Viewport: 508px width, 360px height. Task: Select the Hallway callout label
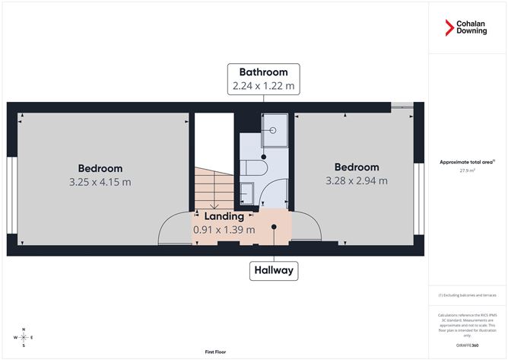point(274,269)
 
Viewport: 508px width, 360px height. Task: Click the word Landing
point(224,216)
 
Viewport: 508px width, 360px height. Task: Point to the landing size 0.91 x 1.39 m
point(224,229)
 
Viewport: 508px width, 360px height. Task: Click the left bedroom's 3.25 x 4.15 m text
point(100,182)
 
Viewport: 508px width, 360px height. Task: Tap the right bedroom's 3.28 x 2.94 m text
point(357,180)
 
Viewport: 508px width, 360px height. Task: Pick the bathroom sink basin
point(247,190)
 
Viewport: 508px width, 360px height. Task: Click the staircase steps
point(211,186)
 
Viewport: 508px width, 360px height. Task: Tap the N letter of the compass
point(24,329)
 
